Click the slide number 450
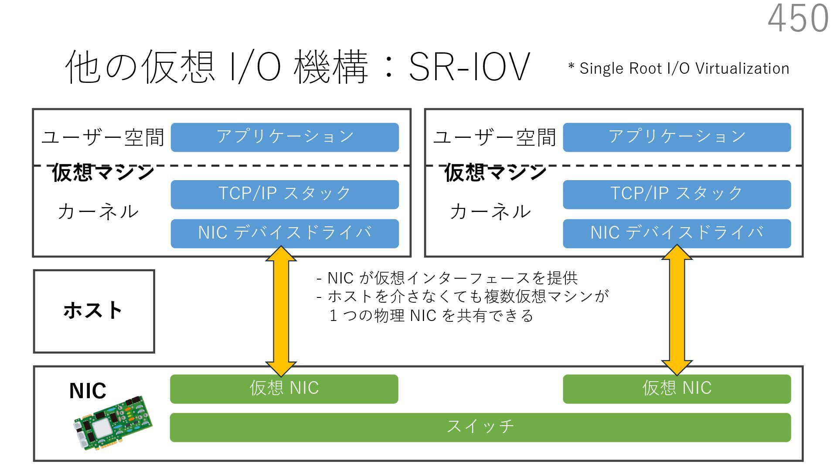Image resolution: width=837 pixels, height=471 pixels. [x=798, y=18]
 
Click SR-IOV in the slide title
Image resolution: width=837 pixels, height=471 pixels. [x=469, y=67]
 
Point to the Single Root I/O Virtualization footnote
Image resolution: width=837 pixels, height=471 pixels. [x=679, y=68]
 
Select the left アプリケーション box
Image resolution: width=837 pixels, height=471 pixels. [x=285, y=137]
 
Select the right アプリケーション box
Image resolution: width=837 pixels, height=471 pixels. [x=677, y=137]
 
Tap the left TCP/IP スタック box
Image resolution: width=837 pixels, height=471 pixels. [x=285, y=194]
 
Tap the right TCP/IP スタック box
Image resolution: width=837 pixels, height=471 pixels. [x=677, y=194]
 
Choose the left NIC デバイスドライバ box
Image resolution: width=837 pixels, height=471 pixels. [x=285, y=233]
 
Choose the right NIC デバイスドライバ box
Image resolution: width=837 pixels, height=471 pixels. [x=677, y=233]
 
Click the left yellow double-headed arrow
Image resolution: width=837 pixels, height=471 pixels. [x=281, y=311]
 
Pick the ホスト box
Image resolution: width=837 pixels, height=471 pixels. [x=94, y=311]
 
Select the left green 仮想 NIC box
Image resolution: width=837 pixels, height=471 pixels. [x=284, y=389]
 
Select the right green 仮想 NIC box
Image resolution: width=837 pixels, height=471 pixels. [x=677, y=389]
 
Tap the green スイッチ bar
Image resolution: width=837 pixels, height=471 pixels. [x=480, y=427]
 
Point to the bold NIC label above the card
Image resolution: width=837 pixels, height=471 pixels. [x=88, y=391]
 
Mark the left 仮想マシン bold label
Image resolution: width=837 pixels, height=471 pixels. [x=103, y=172]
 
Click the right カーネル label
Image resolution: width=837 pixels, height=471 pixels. [x=490, y=212]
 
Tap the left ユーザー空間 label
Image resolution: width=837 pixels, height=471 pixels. [x=103, y=137]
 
